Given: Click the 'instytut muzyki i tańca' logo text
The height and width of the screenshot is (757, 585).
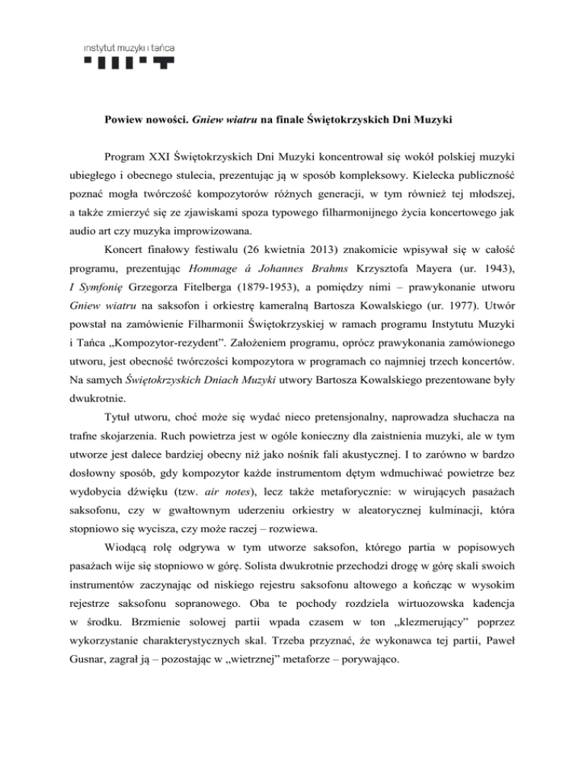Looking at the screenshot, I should click(129, 48).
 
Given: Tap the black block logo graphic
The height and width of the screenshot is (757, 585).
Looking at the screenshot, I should click(129, 63).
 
